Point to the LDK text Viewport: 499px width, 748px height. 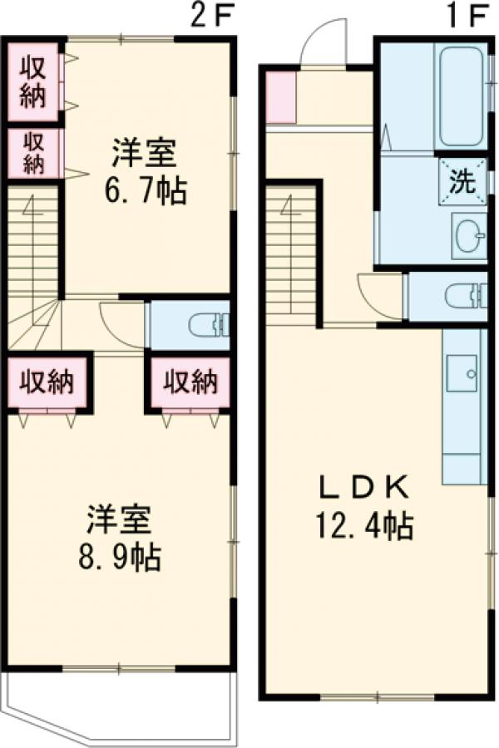click(x=364, y=485)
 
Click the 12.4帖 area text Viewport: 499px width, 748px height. click(x=364, y=526)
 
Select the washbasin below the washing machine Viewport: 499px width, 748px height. click(x=471, y=236)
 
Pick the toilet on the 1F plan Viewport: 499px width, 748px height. click(x=462, y=295)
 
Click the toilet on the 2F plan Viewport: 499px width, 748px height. click(x=207, y=325)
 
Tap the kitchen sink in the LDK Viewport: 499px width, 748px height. click(x=462, y=372)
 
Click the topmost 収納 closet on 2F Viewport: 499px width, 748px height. click(x=32, y=81)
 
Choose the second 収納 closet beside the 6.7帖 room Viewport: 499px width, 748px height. click(x=32, y=152)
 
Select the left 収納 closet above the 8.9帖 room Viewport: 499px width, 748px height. click(x=47, y=383)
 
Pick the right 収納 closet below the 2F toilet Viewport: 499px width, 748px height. click(x=189, y=383)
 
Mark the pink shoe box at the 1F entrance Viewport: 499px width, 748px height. click(x=280, y=98)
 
